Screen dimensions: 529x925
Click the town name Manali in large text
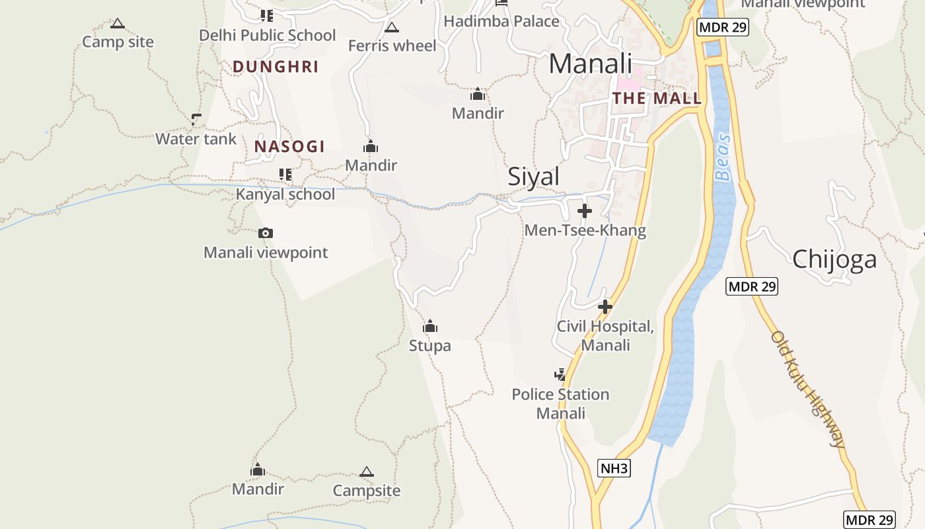(590, 63)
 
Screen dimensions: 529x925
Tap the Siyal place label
(533, 177)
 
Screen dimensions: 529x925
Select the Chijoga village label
(834, 259)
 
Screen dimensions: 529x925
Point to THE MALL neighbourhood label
(656, 99)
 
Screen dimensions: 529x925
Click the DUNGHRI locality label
(276, 66)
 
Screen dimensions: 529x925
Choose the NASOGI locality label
(289, 146)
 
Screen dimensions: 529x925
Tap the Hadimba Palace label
(501, 21)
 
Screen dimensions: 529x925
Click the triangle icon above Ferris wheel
(392, 28)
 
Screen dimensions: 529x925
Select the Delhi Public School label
(267, 35)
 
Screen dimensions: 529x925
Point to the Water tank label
(196, 139)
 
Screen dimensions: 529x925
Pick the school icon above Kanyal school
(285, 175)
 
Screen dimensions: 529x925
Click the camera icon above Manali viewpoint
(266, 233)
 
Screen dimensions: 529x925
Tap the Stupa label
(429, 345)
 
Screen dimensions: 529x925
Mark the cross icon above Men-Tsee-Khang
(585, 211)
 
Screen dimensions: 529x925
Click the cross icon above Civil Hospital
(605, 307)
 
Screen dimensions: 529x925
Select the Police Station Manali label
(560, 403)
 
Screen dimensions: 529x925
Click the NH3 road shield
(614, 469)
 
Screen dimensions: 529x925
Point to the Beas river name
(723, 157)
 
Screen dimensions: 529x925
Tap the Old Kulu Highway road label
(808, 389)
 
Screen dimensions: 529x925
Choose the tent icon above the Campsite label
(367, 472)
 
